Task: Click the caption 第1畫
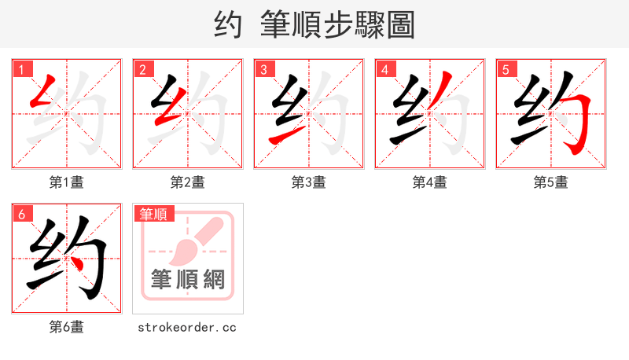tap(67, 182)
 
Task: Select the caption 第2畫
tap(188, 182)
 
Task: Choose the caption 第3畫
tap(309, 182)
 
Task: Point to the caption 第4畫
tap(430, 182)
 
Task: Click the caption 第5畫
tap(550, 182)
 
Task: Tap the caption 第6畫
tap(67, 327)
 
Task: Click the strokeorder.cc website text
tap(187, 327)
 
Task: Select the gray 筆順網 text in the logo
tap(188, 279)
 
